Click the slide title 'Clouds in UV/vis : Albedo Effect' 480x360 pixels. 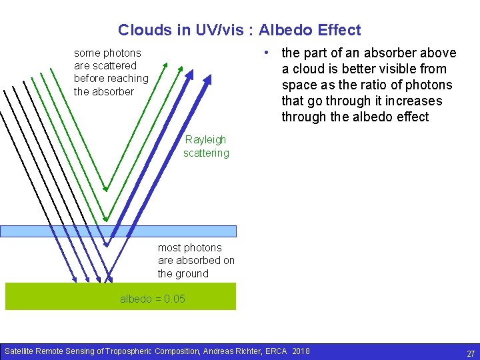coord(239,30)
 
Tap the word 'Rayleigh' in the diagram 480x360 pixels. coord(205,140)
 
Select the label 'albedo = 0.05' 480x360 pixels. coord(153,299)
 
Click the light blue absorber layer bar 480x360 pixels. coord(118,231)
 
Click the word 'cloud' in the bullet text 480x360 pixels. coord(309,69)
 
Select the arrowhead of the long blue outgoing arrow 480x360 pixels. coord(208,79)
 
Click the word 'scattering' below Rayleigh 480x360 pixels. coord(206,153)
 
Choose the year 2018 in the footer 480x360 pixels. coord(301,351)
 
